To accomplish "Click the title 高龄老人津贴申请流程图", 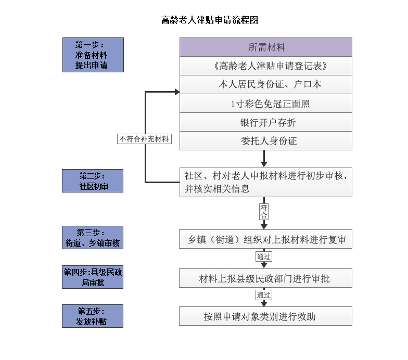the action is tap(209, 20).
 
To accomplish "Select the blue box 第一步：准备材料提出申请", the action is tap(93, 55).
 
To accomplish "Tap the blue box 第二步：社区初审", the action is tap(93, 181).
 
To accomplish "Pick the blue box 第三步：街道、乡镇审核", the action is tap(93, 237).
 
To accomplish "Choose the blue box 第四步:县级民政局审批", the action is tap(93, 277).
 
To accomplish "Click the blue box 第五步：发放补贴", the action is tap(93, 316).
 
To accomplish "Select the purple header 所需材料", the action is tap(265, 47).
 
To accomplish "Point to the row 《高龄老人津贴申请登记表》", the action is tap(265, 66).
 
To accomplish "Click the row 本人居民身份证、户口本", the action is tap(265, 84).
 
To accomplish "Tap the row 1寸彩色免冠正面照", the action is tap(265, 103).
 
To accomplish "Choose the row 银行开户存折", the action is tap(265, 122).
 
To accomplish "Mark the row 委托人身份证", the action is tap(265, 140).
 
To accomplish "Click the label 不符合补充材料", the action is tap(144, 139).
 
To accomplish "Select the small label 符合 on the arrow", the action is tap(264, 211).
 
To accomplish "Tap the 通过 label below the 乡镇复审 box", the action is tap(264, 257).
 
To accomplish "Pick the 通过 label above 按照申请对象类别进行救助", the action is tap(264, 295).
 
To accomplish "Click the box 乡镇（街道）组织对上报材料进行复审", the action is tap(265, 239).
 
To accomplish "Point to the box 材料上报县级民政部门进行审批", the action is tap(265, 278).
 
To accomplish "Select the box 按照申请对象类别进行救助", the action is tap(265, 316).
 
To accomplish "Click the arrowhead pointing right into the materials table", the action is tap(177, 92).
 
